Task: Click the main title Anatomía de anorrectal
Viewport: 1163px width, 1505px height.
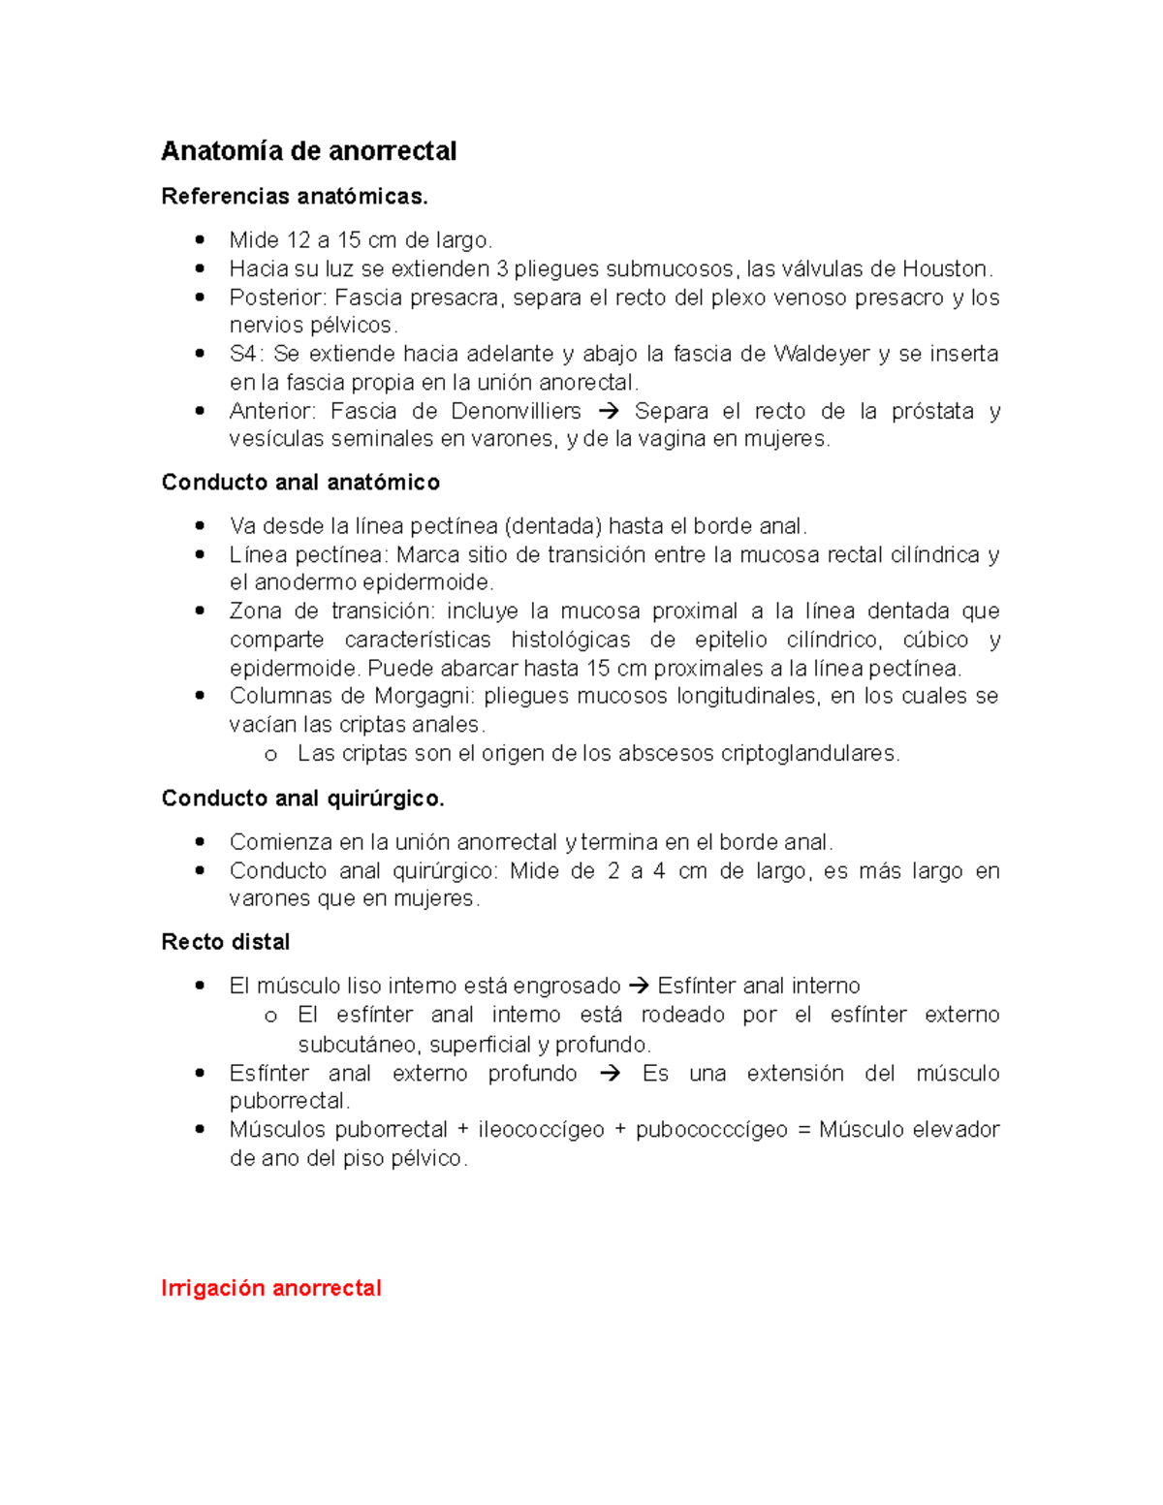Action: tap(308, 151)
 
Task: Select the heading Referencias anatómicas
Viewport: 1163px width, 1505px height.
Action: tap(294, 197)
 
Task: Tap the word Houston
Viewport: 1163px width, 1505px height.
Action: tap(947, 268)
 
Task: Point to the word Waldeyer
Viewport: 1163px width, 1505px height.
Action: tap(821, 354)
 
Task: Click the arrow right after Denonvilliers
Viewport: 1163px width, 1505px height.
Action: tap(608, 411)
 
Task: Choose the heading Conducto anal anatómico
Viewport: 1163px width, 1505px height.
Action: tap(300, 483)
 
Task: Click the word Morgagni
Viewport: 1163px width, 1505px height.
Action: tap(425, 696)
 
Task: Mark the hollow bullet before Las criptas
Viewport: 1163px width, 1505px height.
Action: tap(270, 754)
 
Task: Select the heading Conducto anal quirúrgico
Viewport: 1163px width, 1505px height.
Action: tap(302, 799)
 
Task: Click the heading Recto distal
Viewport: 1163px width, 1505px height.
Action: tap(226, 942)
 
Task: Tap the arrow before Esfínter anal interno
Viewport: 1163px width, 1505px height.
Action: tap(639, 987)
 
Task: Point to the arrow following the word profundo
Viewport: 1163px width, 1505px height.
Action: tap(609, 1074)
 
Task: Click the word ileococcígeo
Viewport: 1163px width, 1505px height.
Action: tap(541, 1130)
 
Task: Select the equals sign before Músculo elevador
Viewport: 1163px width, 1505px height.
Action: tap(802, 1130)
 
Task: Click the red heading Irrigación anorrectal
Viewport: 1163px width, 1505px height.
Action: tap(271, 1288)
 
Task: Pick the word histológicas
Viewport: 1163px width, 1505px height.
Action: tap(570, 640)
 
